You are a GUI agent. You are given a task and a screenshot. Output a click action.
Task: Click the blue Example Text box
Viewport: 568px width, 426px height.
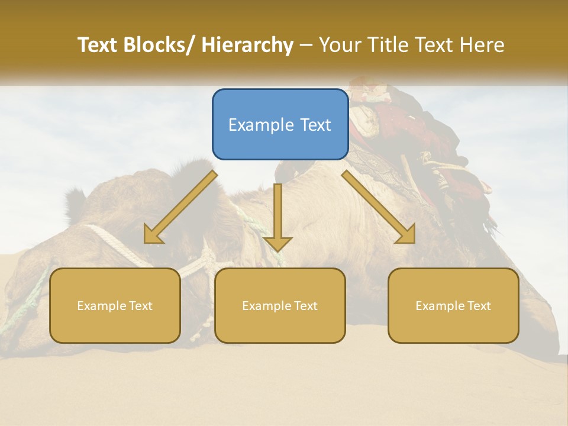coord(280,124)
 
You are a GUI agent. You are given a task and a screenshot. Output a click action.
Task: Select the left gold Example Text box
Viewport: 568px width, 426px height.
coord(115,305)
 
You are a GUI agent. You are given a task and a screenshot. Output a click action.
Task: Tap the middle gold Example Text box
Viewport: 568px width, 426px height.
coord(280,305)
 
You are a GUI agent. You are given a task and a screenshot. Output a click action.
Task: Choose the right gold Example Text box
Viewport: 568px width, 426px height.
coord(453,305)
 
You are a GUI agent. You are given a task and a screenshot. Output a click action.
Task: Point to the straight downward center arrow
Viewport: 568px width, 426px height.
coord(277,213)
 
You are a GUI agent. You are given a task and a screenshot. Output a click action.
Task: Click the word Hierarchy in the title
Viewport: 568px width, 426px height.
coord(247,45)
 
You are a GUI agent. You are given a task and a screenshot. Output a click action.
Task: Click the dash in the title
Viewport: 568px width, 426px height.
coord(306,45)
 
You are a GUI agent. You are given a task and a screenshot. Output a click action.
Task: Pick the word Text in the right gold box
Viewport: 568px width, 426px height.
coord(478,306)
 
